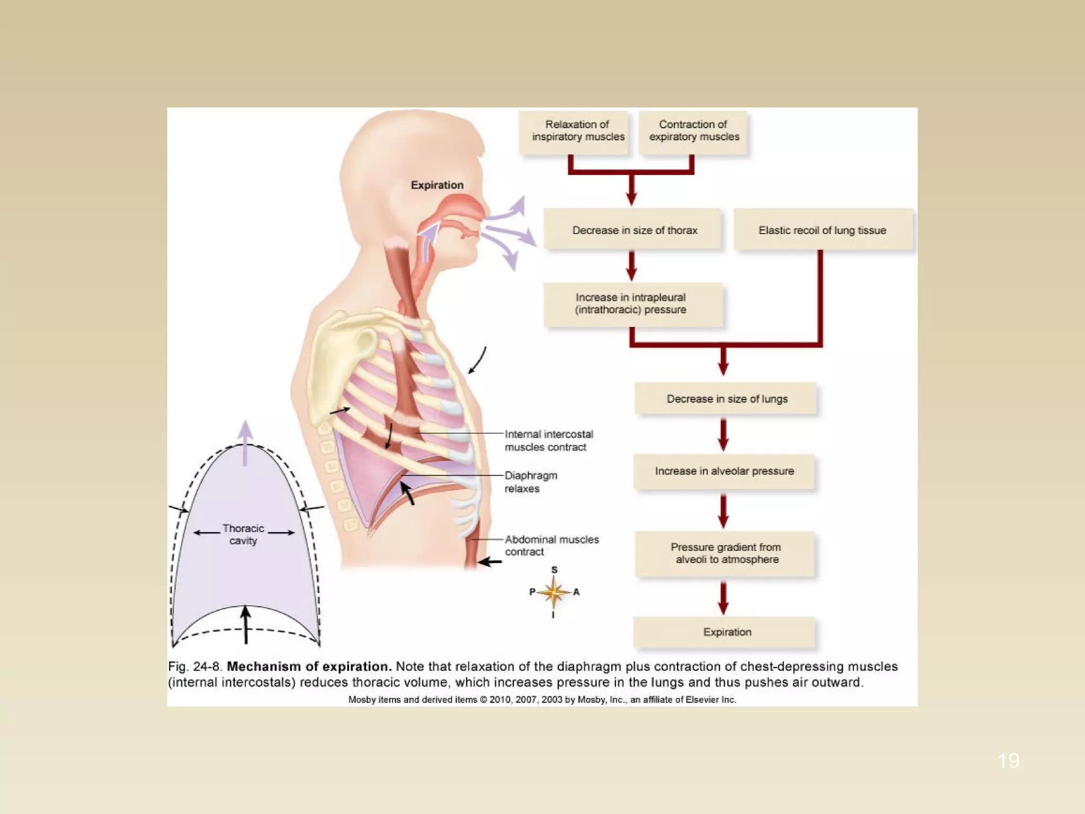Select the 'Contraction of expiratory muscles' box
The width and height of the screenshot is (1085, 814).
693,131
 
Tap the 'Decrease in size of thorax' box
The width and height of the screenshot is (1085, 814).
634,230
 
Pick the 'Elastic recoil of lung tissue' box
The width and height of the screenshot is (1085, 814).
822,230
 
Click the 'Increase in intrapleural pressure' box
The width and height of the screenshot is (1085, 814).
632,304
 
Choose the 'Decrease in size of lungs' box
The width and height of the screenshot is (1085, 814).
726,399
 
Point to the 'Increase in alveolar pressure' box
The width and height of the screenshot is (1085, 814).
724,471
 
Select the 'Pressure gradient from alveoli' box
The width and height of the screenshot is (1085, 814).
725,553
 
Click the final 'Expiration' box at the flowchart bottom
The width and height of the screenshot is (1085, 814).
726,632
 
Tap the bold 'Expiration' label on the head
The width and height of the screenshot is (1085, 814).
437,185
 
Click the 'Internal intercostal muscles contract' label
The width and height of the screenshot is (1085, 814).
548,440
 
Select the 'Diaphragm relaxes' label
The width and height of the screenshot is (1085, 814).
530,482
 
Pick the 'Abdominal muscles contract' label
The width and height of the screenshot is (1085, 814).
551,545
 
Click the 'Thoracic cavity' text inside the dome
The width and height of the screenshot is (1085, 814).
243,534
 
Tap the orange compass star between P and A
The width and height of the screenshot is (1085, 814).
554,592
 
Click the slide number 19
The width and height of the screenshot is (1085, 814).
1008,760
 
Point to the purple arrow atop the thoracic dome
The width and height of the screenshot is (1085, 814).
245,443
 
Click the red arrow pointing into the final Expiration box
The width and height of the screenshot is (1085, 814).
723,598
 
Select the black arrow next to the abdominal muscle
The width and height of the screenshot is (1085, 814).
490,562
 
